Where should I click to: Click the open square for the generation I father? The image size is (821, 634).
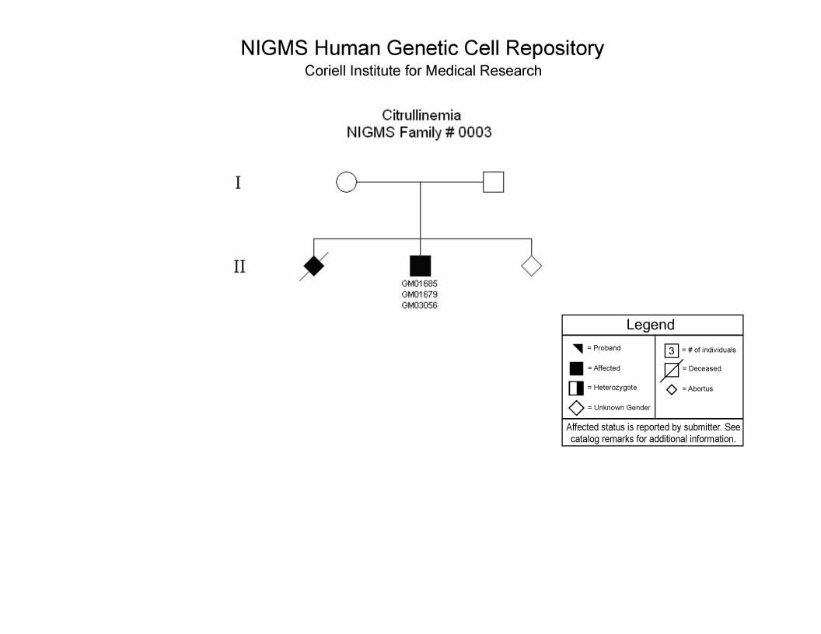[493, 182]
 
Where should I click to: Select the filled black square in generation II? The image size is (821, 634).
[420, 266]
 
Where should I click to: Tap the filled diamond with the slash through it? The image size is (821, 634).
[313, 266]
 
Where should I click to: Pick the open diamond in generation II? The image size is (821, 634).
[532, 266]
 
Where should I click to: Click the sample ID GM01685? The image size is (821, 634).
[419, 284]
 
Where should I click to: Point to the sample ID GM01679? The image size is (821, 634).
[419, 294]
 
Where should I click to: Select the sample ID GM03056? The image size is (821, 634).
[419, 305]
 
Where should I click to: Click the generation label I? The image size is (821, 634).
[238, 183]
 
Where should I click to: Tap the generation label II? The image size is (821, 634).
[239, 266]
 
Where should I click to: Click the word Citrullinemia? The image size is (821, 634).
[421, 115]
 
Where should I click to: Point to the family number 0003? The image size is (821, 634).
[475, 132]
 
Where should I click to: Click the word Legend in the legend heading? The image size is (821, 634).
[650, 325]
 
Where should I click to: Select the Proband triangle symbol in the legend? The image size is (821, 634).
[578, 348]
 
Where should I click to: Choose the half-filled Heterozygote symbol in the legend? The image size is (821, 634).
[576, 388]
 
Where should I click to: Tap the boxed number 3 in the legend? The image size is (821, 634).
[671, 350]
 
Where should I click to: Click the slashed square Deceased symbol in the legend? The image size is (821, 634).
[671, 371]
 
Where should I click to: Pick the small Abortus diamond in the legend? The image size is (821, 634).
[672, 389]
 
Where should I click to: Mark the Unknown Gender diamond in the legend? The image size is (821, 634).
[576, 408]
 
